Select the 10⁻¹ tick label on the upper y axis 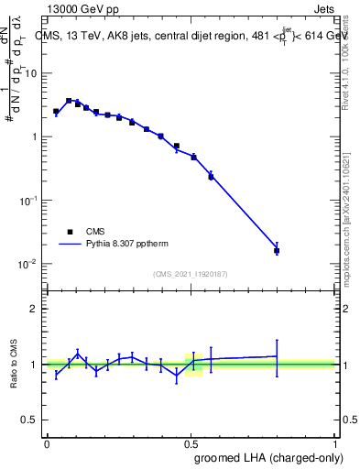pyautogui.click(x=29, y=201)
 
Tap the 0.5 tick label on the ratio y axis pyautogui.click(x=31, y=421)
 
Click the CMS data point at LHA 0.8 pyautogui.click(x=277, y=250)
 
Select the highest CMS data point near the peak pyautogui.click(x=69, y=101)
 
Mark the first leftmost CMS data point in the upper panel pyautogui.click(x=56, y=111)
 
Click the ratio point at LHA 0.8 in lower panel pyautogui.click(x=277, y=355)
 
